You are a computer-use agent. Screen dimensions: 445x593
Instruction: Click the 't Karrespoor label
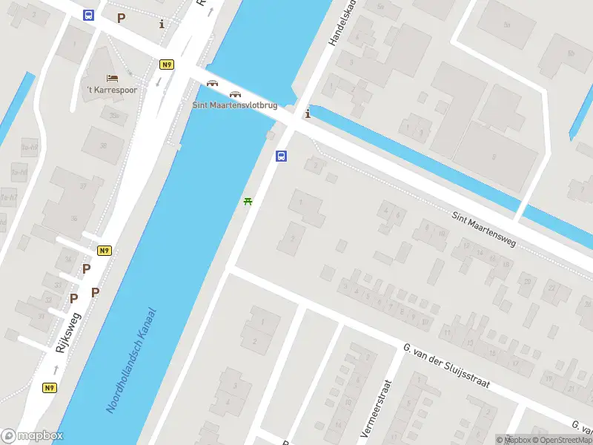tap(112, 90)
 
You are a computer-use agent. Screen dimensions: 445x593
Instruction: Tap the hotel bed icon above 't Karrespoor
tap(112, 78)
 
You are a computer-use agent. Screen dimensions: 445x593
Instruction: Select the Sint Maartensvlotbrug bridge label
tap(235, 105)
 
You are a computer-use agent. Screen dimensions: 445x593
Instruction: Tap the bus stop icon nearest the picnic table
tap(282, 156)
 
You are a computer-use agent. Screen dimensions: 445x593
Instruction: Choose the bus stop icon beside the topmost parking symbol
tap(89, 16)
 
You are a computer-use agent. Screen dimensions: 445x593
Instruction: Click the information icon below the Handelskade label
tap(308, 113)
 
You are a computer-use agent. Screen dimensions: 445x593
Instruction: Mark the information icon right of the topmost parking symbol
tap(162, 24)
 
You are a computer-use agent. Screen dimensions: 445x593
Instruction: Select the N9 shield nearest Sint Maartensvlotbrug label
tap(167, 65)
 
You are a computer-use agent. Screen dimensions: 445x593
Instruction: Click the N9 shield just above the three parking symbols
tap(105, 251)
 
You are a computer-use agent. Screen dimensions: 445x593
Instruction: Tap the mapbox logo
tap(31, 436)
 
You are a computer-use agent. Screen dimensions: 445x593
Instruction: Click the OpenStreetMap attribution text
tap(560, 440)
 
